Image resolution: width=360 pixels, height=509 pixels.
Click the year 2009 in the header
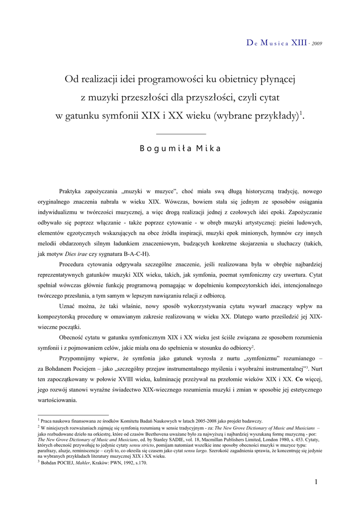tap(317, 44)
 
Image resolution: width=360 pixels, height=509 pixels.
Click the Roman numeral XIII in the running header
tap(299, 43)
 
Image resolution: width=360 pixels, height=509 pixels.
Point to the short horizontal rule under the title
tap(180, 134)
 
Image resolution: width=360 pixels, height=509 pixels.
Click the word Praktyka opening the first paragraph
tap(73, 191)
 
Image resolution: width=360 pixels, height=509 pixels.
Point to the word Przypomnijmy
tap(78, 358)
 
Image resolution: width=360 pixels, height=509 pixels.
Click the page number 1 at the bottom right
tap(317, 481)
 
